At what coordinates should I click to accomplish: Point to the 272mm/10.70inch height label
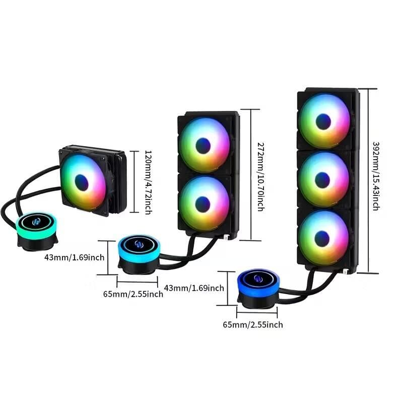pyautogui.click(x=260, y=176)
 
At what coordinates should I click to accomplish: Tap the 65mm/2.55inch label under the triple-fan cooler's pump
pyautogui.click(x=253, y=325)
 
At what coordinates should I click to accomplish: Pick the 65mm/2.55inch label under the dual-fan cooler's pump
pyautogui.click(x=132, y=294)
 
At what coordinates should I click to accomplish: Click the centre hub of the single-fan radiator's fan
pyautogui.click(x=82, y=182)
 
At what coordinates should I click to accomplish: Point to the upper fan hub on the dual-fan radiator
pyautogui.click(x=203, y=146)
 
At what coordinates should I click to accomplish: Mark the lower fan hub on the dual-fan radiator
pyautogui.click(x=203, y=204)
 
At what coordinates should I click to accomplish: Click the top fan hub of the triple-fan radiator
pyautogui.click(x=323, y=121)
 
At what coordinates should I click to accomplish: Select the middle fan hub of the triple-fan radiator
pyautogui.click(x=322, y=180)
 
